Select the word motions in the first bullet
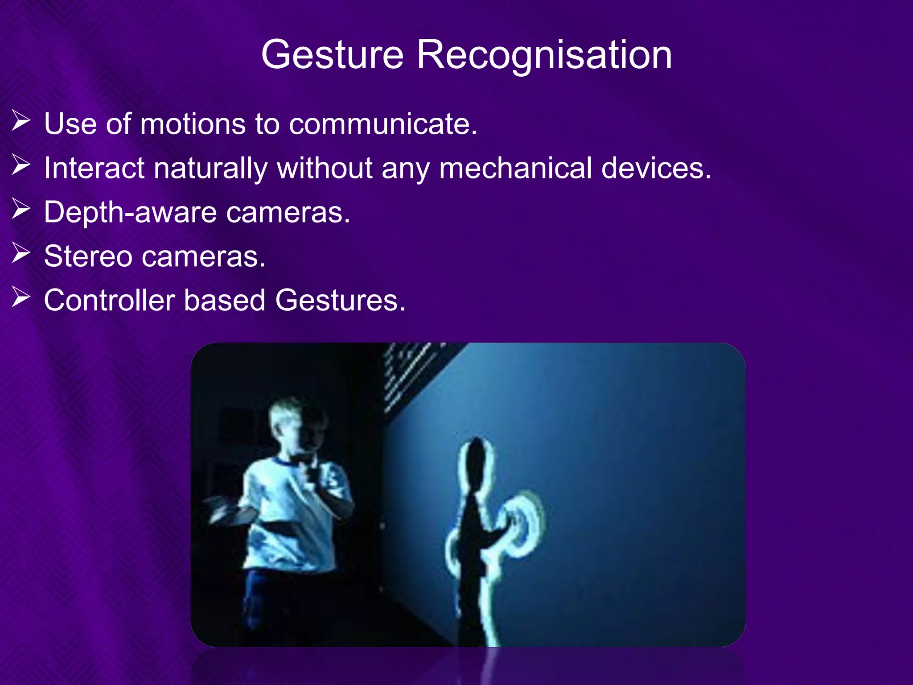(x=193, y=124)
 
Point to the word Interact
(x=94, y=169)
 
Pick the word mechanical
(x=515, y=169)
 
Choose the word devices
(x=656, y=169)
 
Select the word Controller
(x=109, y=300)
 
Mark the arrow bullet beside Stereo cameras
(x=21, y=253)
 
